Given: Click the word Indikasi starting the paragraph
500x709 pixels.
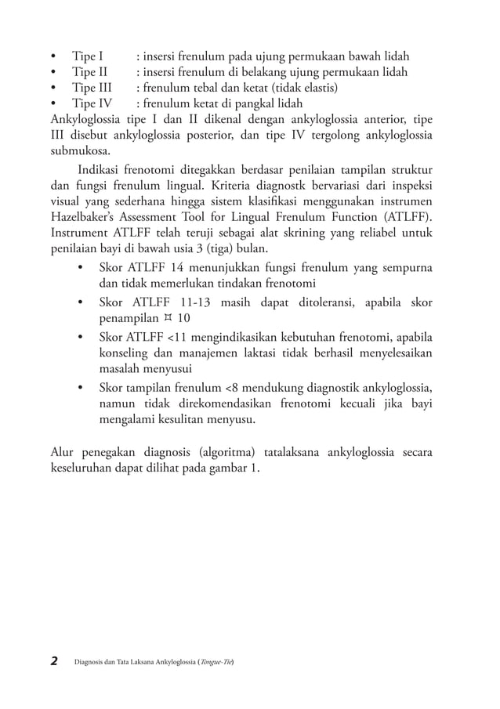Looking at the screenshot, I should pyautogui.click(x=103, y=170).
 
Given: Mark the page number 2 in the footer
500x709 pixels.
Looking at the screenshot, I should pyautogui.click(x=54, y=661).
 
